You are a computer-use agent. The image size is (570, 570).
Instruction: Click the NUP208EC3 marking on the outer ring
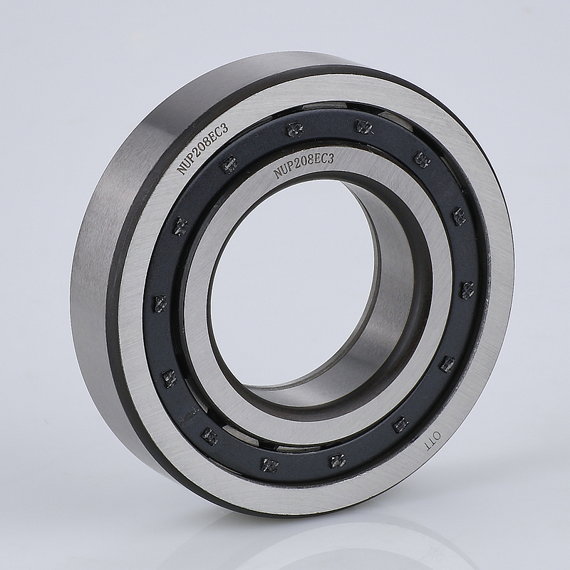[203, 150]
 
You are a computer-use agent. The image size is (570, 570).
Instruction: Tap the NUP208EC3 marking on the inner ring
[304, 165]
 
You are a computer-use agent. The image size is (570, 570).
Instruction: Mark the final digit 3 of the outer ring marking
[227, 128]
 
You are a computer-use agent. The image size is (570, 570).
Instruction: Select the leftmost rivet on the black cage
[160, 304]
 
